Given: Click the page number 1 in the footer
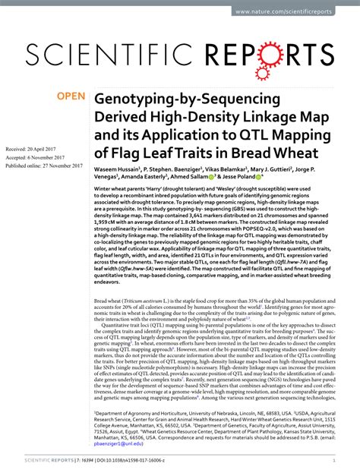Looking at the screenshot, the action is [x=335, y=461].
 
